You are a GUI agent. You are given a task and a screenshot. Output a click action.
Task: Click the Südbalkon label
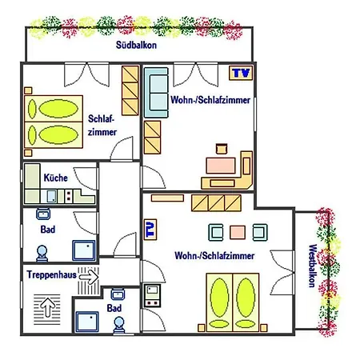tap(136, 45)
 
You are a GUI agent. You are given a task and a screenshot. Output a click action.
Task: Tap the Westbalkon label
tap(313, 266)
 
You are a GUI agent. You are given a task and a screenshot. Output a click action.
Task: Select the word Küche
tap(55, 178)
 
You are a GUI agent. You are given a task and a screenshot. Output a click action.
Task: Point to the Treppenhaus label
tap(51, 274)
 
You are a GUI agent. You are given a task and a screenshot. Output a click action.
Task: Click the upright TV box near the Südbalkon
tap(241, 73)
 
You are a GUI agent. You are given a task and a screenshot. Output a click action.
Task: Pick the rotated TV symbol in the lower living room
tap(150, 230)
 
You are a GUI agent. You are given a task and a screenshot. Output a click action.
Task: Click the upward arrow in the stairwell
tap(47, 307)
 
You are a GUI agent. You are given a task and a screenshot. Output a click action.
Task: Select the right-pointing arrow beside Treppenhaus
tap(89, 277)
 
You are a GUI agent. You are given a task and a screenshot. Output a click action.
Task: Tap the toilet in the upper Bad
tap(42, 254)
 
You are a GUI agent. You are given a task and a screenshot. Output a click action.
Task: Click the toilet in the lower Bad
tap(119, 325)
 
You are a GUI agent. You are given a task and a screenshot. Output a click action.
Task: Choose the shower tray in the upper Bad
tap(84, 250)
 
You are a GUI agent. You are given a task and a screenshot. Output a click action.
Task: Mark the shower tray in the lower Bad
tap(87, 322)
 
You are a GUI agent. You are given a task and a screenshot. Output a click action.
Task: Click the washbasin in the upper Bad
tap(43, 214)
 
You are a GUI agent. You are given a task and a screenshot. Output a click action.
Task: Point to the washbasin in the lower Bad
tap(118, 294)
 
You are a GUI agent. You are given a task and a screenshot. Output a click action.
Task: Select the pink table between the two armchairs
tap(238, 232)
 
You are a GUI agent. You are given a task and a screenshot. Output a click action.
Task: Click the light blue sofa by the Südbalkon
tap(156, 93)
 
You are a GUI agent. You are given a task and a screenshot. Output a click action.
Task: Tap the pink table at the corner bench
tap(221, 166)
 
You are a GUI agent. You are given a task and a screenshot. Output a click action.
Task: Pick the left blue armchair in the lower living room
tap(216, 232)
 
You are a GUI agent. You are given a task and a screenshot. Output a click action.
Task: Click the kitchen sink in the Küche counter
tap(51, 196)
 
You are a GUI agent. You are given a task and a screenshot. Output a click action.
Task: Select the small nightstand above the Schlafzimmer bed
tap(28, 90)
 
